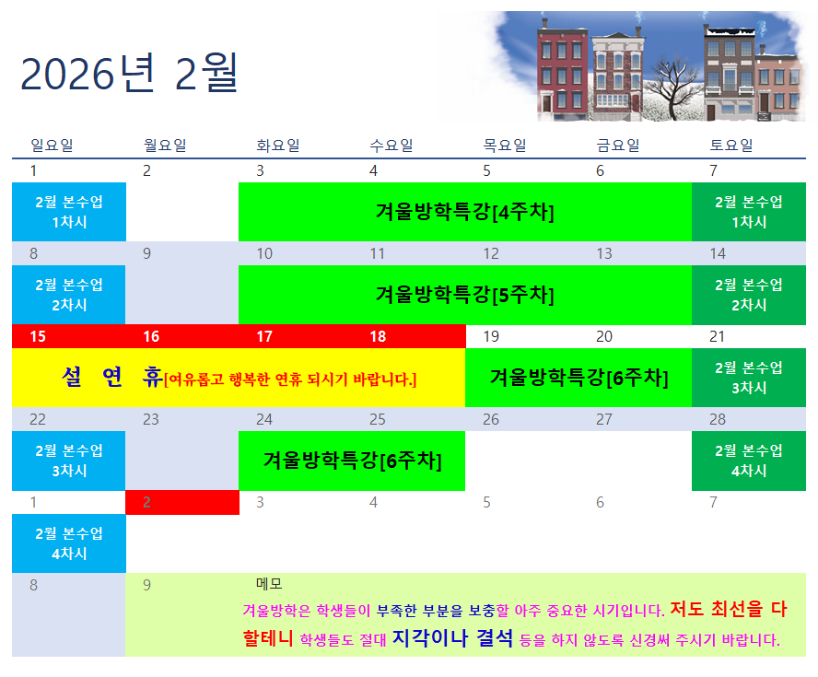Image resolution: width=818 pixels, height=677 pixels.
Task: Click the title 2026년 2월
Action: [129, 74]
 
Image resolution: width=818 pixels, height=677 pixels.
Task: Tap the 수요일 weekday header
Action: [391, 145]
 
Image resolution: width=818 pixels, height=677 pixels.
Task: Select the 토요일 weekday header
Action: [731, 145]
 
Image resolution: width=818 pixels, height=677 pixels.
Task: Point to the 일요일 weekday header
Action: [52, 145]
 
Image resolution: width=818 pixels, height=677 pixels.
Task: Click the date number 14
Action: [718, 253]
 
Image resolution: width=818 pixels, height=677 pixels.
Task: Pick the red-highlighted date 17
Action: [264, 336]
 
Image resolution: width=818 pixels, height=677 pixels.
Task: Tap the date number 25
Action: [377, 419]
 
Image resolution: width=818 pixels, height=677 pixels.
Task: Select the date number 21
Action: [717, 336]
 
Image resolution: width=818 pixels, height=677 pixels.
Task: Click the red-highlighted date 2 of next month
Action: [146, 502]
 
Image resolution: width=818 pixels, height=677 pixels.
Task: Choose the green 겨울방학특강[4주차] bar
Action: [465, 212]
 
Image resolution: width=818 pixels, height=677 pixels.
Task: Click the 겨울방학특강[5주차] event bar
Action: [465, 295]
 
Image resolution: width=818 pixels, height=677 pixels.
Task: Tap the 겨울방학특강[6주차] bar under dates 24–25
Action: [352, 461]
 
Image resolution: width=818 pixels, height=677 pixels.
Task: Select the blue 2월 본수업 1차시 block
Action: [69, 212]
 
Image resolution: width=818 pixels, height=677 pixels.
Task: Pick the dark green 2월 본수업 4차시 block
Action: [749, 461]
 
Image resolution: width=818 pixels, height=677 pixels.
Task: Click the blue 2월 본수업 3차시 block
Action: [69, 461]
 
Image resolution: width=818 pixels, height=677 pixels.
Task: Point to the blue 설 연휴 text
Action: [111, 377]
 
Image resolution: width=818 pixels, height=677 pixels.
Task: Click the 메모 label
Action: [269, 584]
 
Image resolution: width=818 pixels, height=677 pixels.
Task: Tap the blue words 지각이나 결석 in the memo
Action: [452, 637]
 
